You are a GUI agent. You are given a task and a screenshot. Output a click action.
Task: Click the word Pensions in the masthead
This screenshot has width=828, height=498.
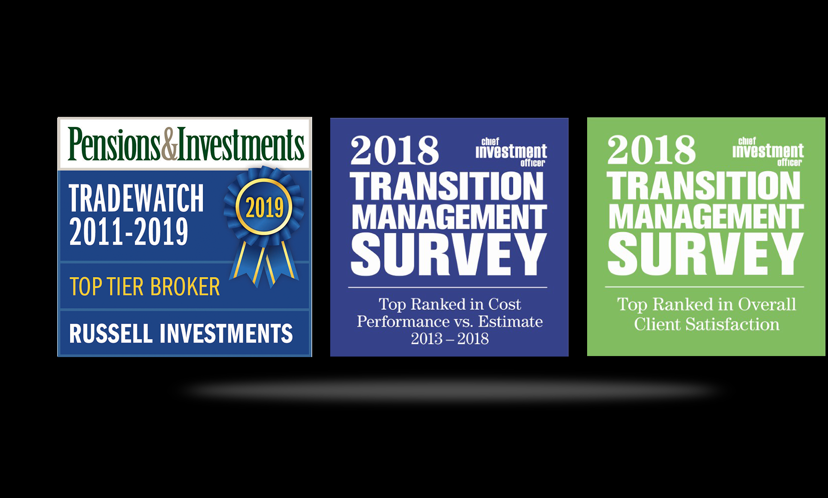point(114,144)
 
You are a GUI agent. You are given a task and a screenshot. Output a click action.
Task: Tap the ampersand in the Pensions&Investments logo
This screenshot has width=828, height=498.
point(170,144)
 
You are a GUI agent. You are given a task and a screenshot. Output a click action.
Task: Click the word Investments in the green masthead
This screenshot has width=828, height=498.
point(241,144)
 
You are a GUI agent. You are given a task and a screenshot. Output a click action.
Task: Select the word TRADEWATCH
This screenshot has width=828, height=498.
point(136,199)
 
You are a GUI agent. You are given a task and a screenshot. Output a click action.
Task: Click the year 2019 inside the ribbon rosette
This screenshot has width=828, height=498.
point(264,208)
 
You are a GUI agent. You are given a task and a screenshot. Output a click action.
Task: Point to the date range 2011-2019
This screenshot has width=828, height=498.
point(128,232)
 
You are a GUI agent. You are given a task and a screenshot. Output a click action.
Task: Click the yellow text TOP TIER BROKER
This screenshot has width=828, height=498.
point(145,287)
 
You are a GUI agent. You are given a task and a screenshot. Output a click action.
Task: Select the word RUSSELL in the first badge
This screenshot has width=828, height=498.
point(111,333)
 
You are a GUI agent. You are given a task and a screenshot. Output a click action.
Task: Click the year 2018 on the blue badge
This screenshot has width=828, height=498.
point(394,150)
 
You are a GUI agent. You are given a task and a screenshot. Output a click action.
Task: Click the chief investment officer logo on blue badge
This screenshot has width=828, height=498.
point(511,152)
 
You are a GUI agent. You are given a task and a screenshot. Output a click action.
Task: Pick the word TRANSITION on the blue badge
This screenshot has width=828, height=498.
point(447,187)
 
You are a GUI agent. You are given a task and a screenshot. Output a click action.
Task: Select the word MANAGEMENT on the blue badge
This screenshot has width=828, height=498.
point(449,217)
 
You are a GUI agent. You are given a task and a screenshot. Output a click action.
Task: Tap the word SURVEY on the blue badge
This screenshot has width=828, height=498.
point(449,254)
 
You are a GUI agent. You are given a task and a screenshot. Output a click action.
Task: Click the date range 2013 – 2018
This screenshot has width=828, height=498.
point(450,339)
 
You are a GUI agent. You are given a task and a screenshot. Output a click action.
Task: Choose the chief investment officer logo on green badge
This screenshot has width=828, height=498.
point(768,152)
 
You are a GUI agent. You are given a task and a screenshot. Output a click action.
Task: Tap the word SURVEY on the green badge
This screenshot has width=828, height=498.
point(705,254)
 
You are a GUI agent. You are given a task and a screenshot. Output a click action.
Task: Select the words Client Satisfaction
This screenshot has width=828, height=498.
point(707,324)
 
